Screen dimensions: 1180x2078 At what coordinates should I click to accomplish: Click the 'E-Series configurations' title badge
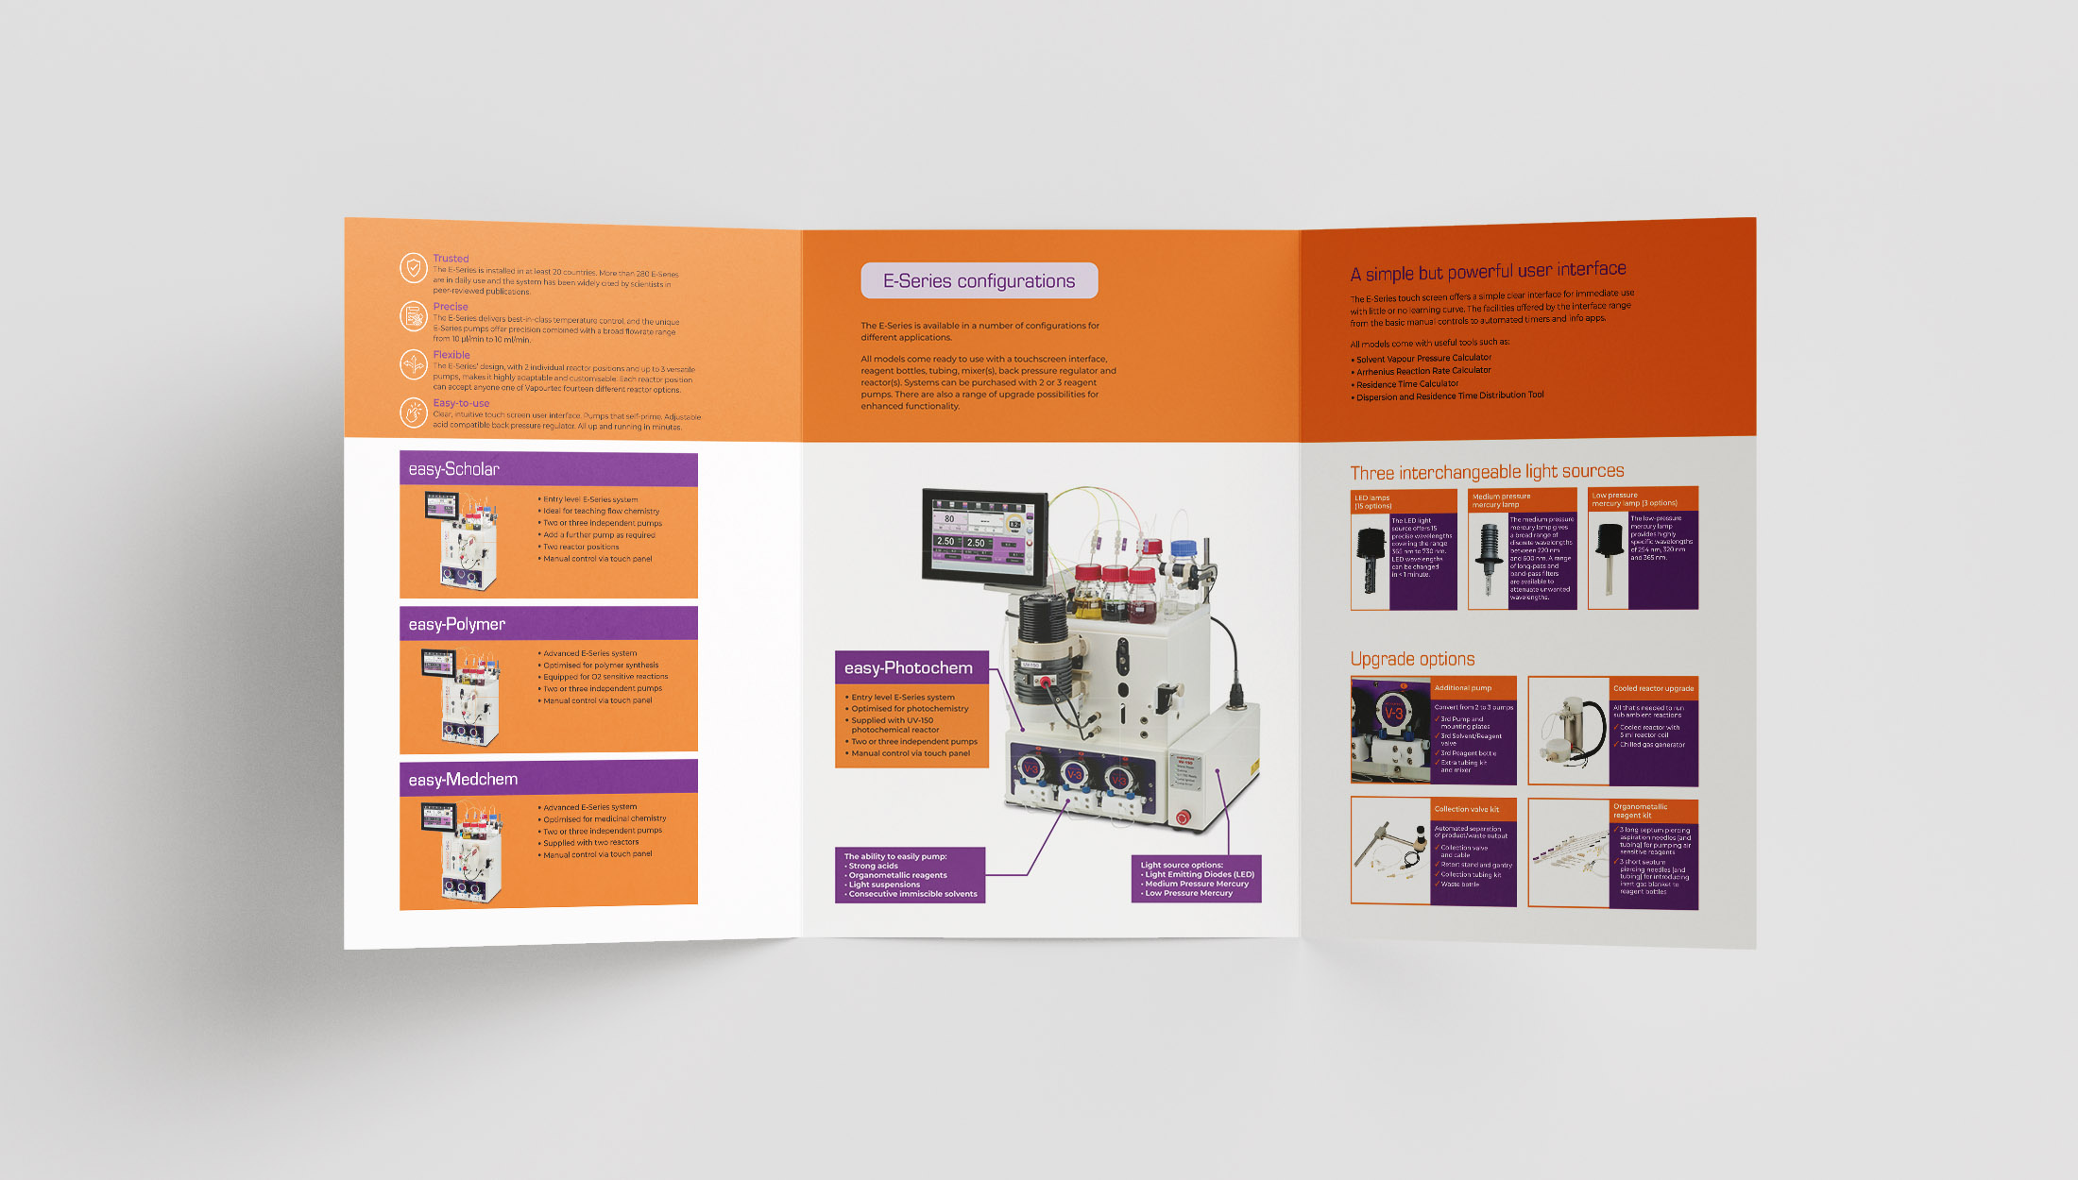pyautogui.click(x=979, y=281)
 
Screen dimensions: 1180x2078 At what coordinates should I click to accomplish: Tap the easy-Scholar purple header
pyautogui.click(x=548, y=469)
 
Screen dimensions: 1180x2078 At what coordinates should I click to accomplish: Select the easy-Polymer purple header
pyautogui.click(x=548, y=624)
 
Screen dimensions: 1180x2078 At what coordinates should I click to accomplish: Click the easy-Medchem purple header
pyautogui.click(x=548, y=779)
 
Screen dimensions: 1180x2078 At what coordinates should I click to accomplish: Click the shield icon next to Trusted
pyautogui.click(x=413, y=268)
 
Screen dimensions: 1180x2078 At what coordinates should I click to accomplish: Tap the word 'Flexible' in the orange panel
pyautogui.click(x=451, y=355)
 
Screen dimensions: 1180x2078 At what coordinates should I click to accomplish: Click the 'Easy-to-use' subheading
pyautogui.click(x=461, y=403)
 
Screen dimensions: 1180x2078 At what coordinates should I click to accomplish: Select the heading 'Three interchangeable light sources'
pyautogui.click(x=1487, y=472)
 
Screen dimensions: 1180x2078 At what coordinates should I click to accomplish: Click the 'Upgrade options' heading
pyautogui.click(x=1412, y=659)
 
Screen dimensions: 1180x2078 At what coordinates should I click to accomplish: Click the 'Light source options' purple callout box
pyautogui.click(x=1196, y=879)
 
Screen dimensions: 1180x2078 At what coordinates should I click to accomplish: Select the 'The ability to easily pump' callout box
pyautogui.click(x=910, y=875)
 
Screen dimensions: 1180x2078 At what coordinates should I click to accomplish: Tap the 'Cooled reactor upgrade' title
pyautogui.click(x=1653, y=688)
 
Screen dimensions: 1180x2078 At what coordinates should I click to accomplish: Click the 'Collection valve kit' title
pyautogui.click(x=1466, y=809)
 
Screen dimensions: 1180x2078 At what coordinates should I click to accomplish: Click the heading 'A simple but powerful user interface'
pyautogui.click(x=1488, y=272)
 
